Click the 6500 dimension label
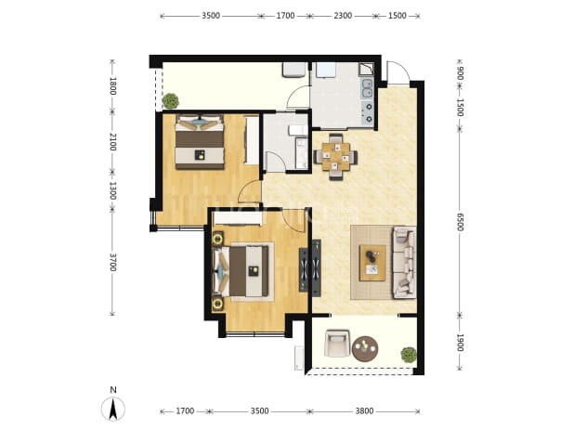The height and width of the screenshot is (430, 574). point(460,222)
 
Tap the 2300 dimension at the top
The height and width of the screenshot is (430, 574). point(343,16)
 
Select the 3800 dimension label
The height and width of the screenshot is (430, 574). point(365,411)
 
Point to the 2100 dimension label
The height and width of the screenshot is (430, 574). point(112,141)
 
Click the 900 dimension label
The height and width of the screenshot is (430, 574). point(460,73)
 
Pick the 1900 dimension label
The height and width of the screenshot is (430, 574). point(460,342)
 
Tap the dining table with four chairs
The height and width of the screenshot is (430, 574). point(335,157)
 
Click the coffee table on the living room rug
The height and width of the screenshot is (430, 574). point(372,263)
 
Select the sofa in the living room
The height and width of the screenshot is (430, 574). point(404,263)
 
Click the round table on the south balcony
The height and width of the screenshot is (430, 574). point(365,349)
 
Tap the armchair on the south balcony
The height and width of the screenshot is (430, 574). point(337,343)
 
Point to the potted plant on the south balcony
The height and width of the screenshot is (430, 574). point(409,355)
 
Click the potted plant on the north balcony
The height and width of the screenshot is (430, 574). point(171,101)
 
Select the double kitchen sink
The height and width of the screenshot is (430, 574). point(367,88)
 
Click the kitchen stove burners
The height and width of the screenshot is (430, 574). point(368,112)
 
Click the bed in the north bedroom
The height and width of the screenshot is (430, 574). point(200,141)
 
